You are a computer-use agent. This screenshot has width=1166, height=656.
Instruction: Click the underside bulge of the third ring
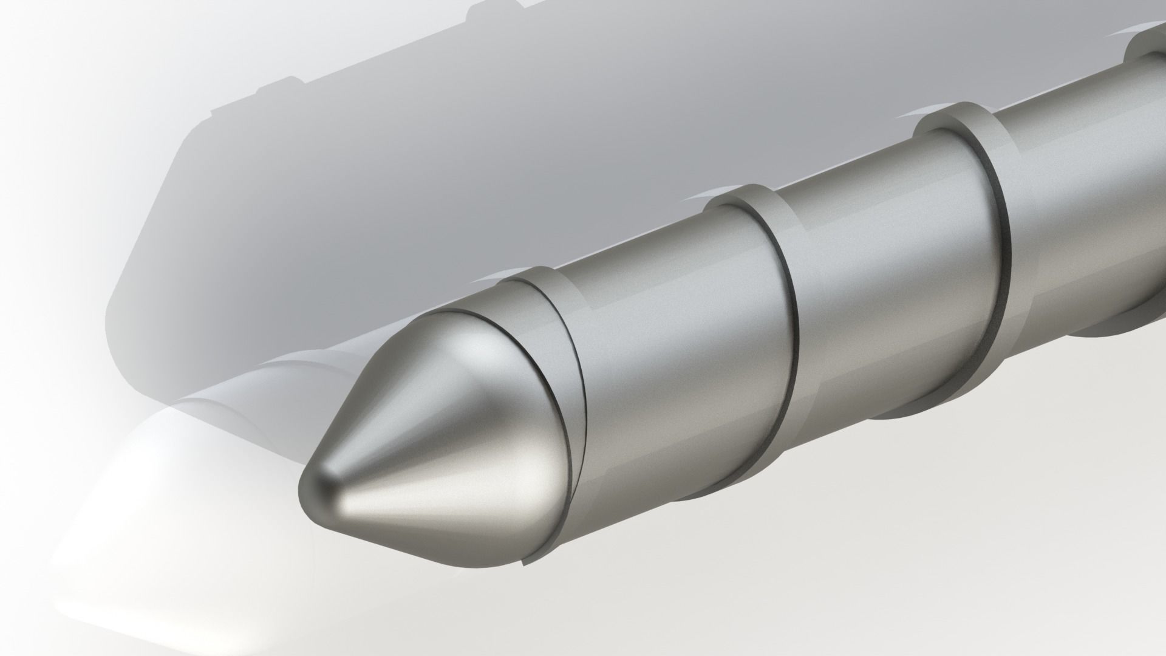click(899, 413)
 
